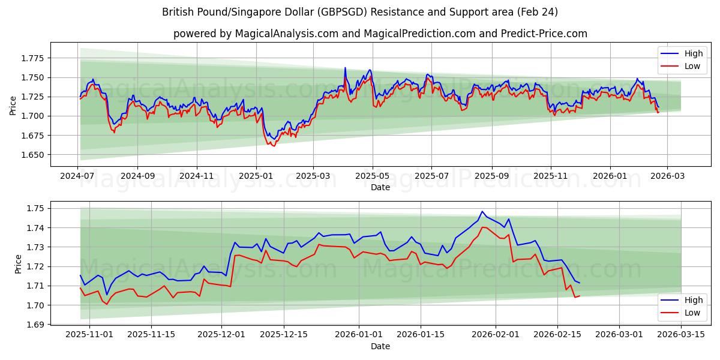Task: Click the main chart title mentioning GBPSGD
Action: (x=359, y=12)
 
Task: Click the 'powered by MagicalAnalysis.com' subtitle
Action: (x=380, y=34)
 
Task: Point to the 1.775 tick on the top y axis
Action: (x=32, y=58)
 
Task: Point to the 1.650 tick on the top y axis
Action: (x=32, y=155)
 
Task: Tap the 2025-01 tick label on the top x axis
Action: (x=256, y=176)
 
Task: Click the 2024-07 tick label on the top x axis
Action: (x=78, y=176)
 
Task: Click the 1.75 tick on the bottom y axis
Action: (x=36, y=209)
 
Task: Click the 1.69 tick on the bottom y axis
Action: (x=36, y=325)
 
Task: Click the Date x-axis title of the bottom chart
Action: (x=380, y=346)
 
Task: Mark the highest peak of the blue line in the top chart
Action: (x=345, y=68)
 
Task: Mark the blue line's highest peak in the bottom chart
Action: (x=482, y=211)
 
